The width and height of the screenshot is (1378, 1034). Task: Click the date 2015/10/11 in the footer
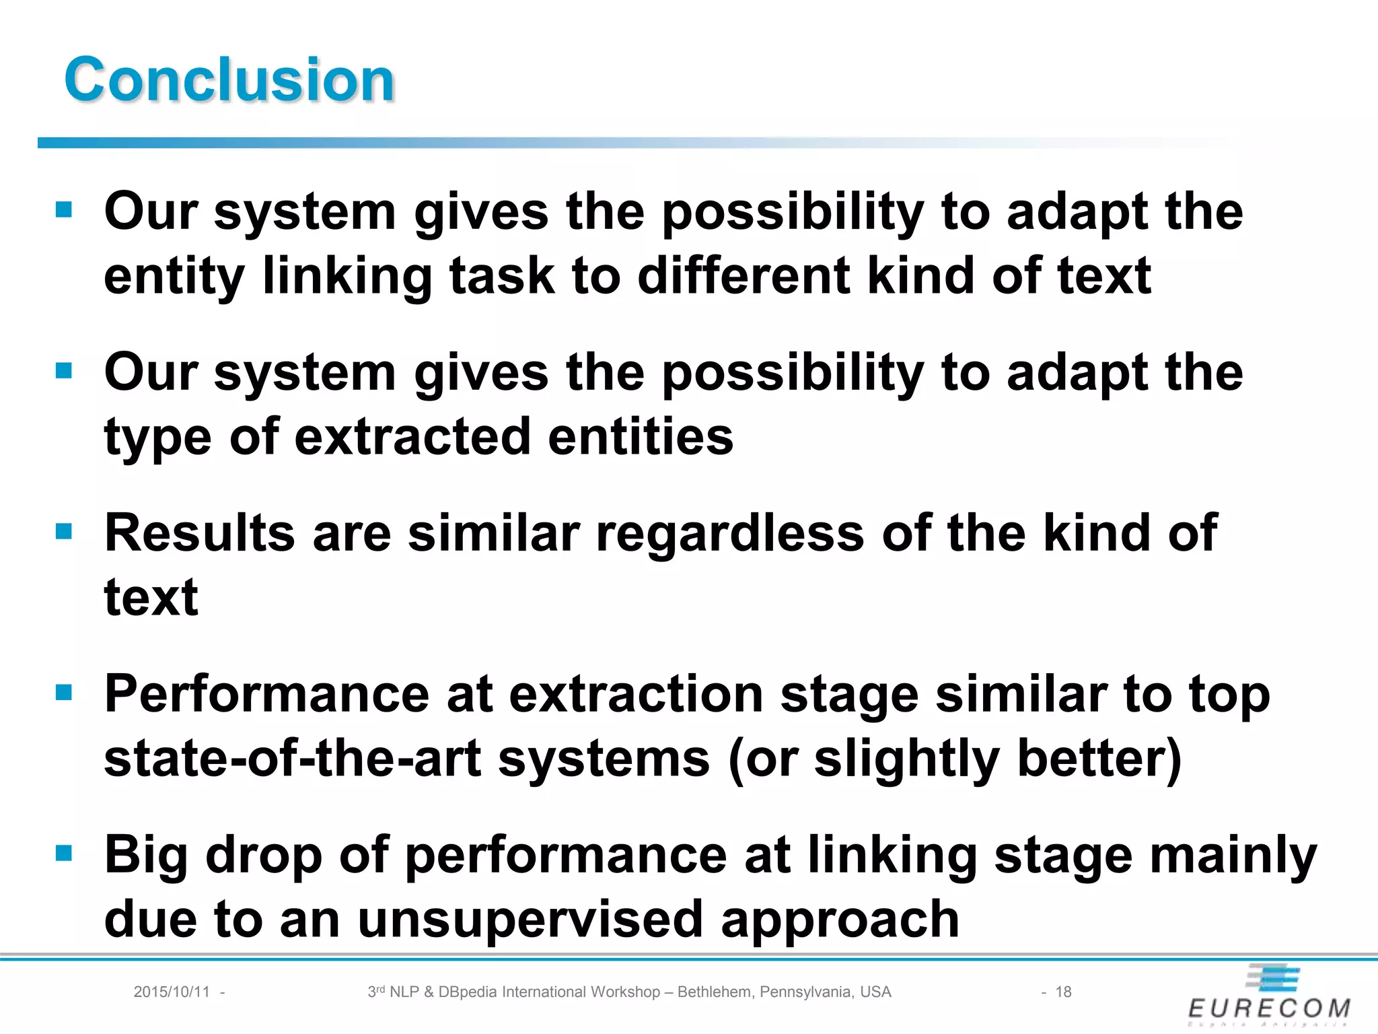(172, 992)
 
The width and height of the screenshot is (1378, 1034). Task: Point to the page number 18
(1063, 992)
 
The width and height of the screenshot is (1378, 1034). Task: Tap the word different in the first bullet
(744, 276)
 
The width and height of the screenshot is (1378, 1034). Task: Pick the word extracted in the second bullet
(412, 437)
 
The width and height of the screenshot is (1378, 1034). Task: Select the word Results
(200, 533)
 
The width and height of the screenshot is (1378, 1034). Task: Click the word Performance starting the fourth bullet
(266, 694)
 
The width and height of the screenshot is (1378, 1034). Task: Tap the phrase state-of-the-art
(293, 759)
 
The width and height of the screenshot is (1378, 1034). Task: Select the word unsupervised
(530, 920)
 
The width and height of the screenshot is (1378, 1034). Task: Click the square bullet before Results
(64, 532)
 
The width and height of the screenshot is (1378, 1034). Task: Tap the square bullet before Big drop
(64, 854)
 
